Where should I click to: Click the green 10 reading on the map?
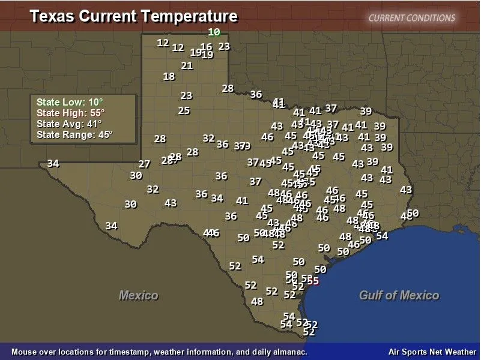tap(214, 32)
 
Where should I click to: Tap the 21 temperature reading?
tap(187, 65)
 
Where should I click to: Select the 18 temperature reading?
tap(169, 76)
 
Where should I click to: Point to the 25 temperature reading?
tap(184, 110)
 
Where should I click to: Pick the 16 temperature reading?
tap(206, 47)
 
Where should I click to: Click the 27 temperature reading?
tap(144, 164)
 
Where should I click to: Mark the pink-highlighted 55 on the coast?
tap(312, 280)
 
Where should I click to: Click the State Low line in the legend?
tap(70, 103)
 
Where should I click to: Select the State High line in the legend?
tap(71, 113)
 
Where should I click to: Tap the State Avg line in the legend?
tap(69, 124)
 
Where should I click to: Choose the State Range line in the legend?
tap(74, 134)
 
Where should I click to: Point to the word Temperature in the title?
tap(192, 16)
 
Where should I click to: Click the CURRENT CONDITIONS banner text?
tap(412, 17)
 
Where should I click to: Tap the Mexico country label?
tap(138, 295)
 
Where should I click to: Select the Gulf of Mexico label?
tap(399, 295)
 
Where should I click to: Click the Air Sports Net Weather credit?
tap(432, 352)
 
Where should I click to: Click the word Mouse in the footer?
tap(23, 352)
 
